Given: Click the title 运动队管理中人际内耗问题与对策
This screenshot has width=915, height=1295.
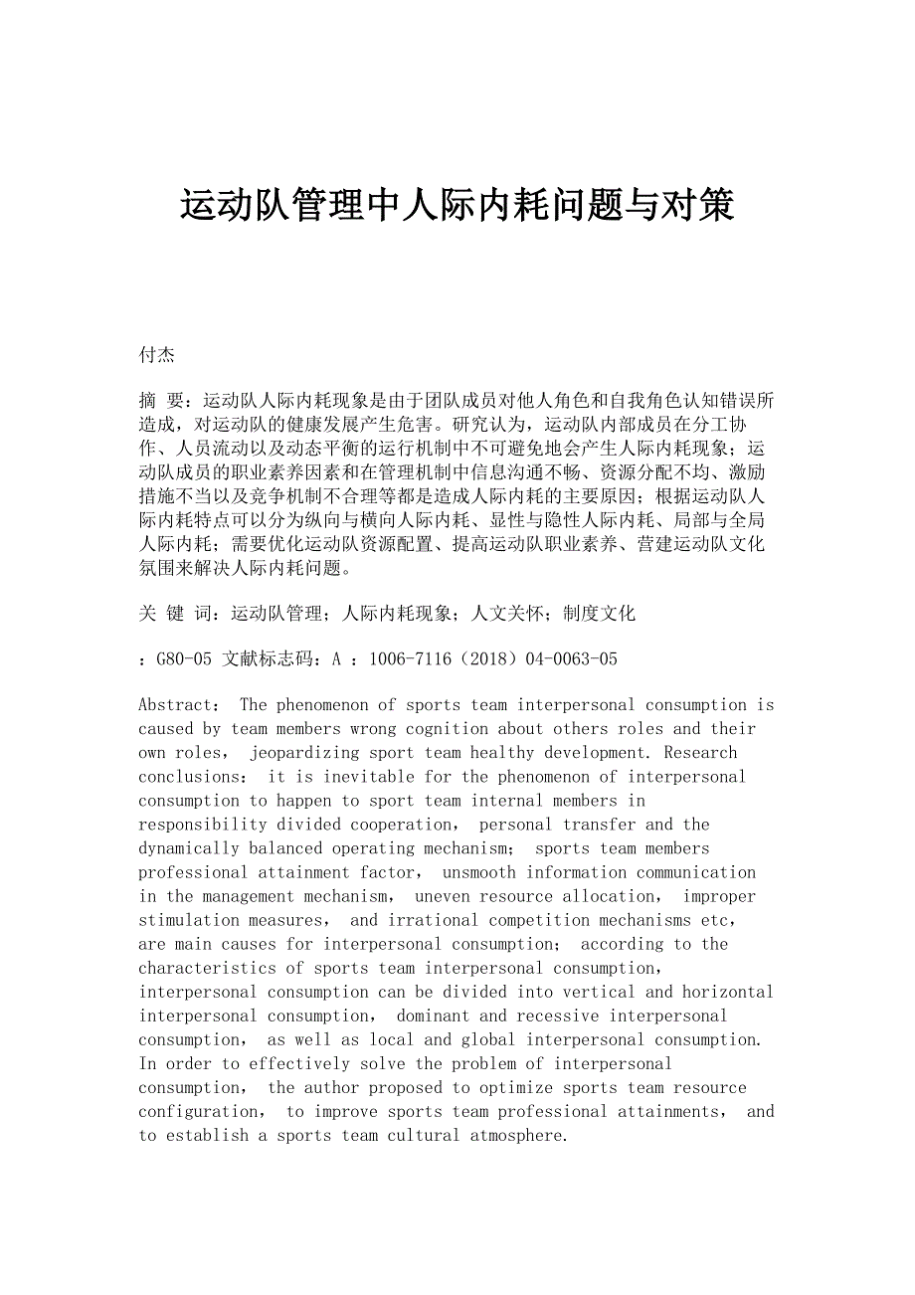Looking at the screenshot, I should click(x=457, y=205).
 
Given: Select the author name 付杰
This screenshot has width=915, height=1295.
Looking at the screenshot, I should click(x=157, y=355).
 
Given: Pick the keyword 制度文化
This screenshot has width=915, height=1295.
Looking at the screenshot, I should click(x=599, y=614).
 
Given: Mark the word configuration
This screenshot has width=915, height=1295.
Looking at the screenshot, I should click(x=199, y=1111).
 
